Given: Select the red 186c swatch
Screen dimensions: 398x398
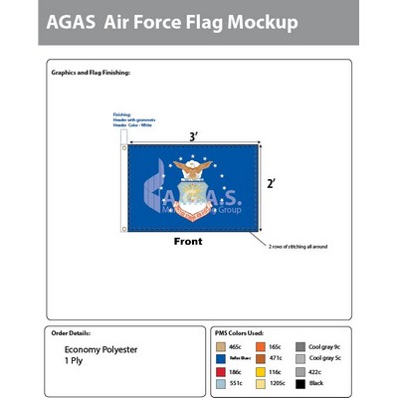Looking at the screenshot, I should point(221,369).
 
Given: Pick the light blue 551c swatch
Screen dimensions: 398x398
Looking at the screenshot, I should point(221,380).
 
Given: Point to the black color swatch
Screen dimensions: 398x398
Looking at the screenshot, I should point(299,380).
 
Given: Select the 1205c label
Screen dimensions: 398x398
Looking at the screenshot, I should point(280,380).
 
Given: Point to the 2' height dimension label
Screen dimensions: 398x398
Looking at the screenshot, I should point(272,183).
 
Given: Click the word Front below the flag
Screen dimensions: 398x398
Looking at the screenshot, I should point(188,242).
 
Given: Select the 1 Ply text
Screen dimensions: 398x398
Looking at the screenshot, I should point(76,361).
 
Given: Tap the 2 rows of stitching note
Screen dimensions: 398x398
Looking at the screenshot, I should point(298,246).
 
